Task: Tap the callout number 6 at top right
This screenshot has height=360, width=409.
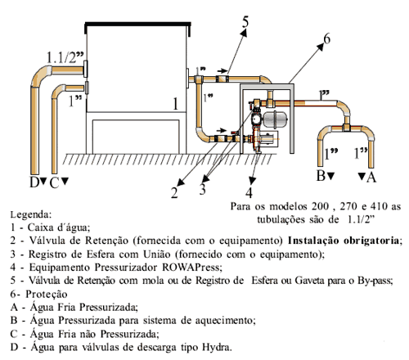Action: [326, 38]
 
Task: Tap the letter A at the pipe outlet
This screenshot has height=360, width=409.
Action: [373, 174]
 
